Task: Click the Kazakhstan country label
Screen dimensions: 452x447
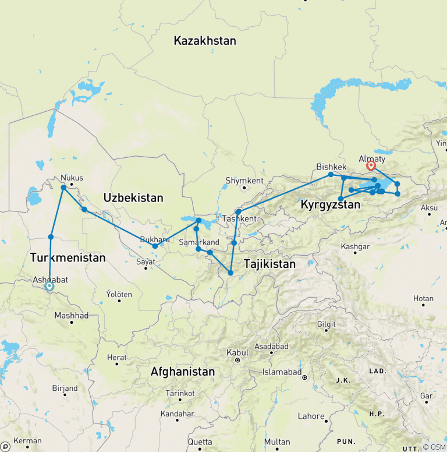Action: [205, 41]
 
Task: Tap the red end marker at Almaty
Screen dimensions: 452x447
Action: [371, 166]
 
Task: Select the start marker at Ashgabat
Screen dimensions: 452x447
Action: [49, 286]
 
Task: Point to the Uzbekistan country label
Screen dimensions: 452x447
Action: [133, 198]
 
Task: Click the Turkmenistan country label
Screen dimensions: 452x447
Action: [68, 257]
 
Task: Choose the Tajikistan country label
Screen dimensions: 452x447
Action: [269, 264]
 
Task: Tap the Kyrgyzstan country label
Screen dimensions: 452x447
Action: [331, 205]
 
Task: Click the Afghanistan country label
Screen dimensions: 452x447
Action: [183, 371]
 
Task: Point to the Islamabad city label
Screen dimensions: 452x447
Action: [282, 372]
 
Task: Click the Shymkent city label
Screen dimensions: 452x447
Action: [244, 181]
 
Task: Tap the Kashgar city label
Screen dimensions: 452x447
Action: [356, 246]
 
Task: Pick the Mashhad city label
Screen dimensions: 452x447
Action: [72, 315]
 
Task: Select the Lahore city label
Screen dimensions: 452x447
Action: [310, 416]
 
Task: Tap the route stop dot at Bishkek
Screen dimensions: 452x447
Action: [331, 174]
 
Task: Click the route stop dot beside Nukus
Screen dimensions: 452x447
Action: [63, 187]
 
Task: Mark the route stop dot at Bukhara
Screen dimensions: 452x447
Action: [155, 246]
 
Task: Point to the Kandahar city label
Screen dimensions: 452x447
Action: [178, 414]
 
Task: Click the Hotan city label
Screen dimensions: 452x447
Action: [423, 298]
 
